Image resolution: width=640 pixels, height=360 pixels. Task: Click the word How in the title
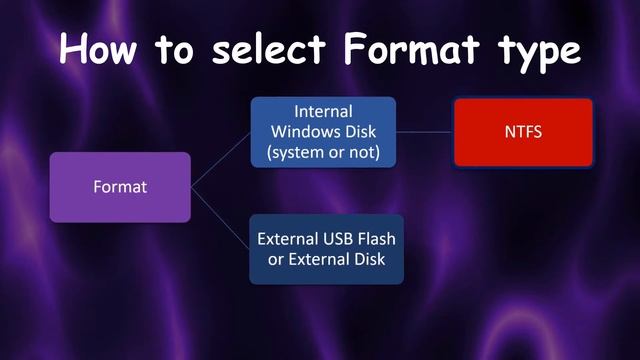click(105, 48)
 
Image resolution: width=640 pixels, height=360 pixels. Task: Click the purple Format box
click(120, 187)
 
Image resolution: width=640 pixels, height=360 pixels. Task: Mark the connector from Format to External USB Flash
click(220, 216)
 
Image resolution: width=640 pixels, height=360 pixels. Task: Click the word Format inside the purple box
click(120, 187)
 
